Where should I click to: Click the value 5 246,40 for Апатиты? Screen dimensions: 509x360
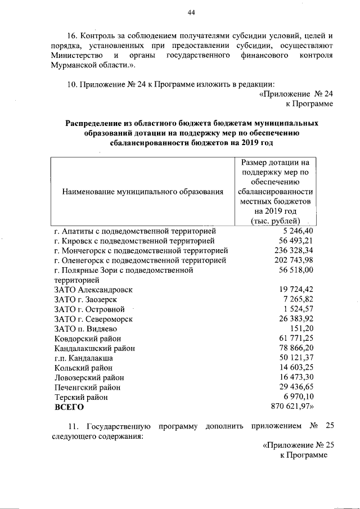point(298,231)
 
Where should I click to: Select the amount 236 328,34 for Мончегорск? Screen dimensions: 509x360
point(294,250)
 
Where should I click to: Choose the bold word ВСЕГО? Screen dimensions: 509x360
point(69,407)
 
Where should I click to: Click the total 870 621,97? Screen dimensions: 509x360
point(292,407)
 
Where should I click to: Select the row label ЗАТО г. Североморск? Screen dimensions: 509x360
point(93,318)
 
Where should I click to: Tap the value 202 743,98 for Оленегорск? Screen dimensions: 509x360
point(294,260)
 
